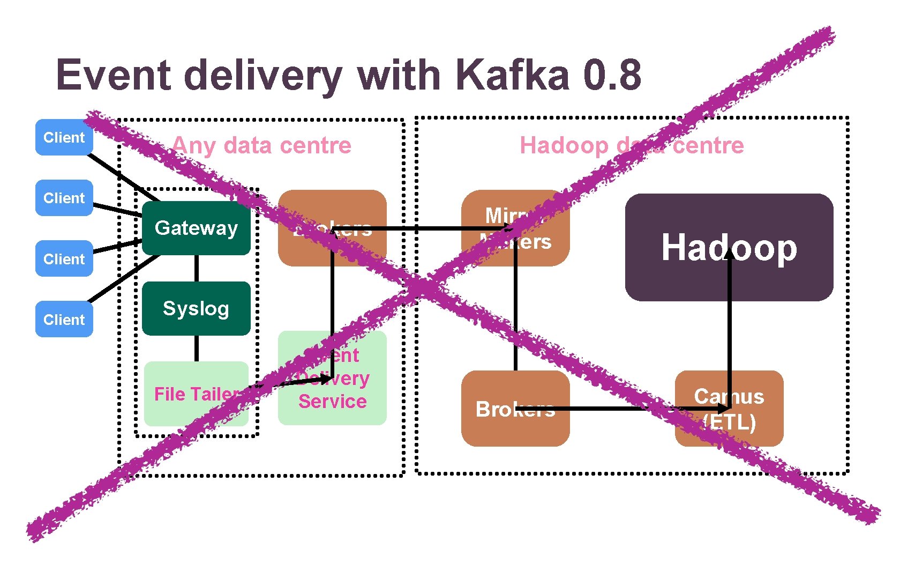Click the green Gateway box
(196, 228)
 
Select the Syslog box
(196, 308)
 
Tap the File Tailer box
(196, 394)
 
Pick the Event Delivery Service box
(332, 378)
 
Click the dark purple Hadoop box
(729, 247)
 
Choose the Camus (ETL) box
(729, 409)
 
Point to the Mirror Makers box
(515, 228)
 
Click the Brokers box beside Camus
(515, 409)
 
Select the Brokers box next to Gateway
(332, 228)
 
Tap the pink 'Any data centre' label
(261, 145)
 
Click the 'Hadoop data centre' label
(632, 145)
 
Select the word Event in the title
(112, 75)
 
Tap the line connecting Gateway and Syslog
(197, 268)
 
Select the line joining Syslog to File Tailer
(197, 349)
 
